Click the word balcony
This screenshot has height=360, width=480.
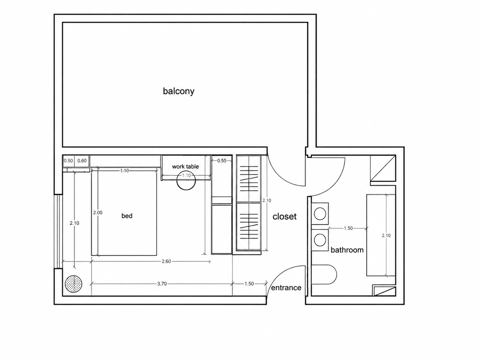[179, 91]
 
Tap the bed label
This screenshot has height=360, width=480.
[127, 216]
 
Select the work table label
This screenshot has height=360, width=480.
[185, 166]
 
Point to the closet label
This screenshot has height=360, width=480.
[284, 217]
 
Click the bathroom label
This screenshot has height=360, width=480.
[347, 250]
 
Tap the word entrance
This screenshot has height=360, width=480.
[286, 288]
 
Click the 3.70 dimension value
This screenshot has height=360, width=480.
[162, 284]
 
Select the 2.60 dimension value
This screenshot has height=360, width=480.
[166, 261]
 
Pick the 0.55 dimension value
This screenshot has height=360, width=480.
[222, 161]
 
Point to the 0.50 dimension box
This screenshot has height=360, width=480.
[68, 161]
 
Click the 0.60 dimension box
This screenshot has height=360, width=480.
[82, 161]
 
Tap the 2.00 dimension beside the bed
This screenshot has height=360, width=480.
[98, 212]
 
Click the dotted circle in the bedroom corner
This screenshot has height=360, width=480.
[74, 284]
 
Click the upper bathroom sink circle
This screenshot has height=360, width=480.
[320, 213]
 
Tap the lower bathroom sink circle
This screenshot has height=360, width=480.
[320, 240]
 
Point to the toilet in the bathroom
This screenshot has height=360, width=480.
[324, 275]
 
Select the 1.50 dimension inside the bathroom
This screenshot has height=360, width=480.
[348, 228]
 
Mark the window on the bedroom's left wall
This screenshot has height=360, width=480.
[58, 231]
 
